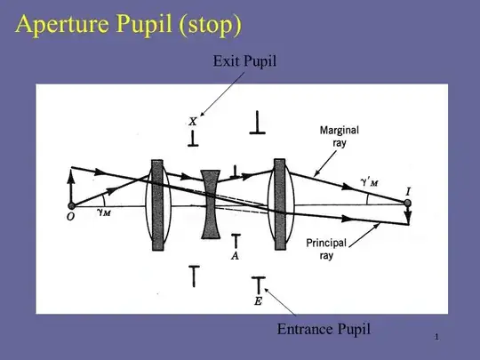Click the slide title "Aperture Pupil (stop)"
point(129,25)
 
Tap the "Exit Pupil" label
point(244,61)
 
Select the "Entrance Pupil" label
point(324,330)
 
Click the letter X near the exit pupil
point(193,122)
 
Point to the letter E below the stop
point(258,301)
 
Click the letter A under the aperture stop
point(235,256)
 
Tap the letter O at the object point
point(70,216)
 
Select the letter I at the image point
point(408,192)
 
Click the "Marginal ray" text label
point(340,137)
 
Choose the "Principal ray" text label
point(326,249)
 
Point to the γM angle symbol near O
point(104,212)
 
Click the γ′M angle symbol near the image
point(370,182)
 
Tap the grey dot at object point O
point(72,205)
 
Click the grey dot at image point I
point(407,203)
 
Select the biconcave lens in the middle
point(211,204)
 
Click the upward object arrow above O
point(71,187)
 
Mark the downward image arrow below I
point(408,215)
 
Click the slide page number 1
point(436,337)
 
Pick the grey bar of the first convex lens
point(157,205)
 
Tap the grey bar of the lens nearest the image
point(280,204)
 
